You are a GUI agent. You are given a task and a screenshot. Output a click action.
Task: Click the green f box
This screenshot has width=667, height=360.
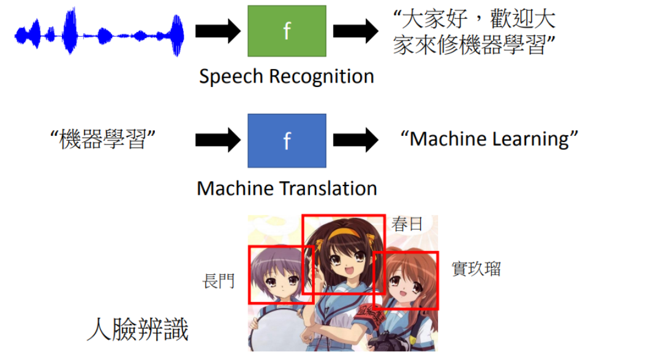click(x=287, y=31)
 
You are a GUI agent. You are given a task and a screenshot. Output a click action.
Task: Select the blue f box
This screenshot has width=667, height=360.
click(x=287, y=140)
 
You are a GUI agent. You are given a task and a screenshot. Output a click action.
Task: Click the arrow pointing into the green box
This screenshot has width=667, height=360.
click(x=218, y=31)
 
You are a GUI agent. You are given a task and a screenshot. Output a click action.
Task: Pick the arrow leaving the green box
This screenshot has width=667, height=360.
click(x=356, y=31)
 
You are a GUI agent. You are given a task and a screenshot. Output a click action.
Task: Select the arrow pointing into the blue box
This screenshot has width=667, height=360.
click(x=218, y=140)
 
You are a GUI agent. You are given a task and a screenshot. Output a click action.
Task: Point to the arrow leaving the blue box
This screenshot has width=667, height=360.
click(x=356, y=140)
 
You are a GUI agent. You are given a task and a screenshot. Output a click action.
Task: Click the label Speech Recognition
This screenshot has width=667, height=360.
click(x=287, y=77)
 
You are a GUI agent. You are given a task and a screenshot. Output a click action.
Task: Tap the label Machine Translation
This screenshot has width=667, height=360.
click(x=287, y=188)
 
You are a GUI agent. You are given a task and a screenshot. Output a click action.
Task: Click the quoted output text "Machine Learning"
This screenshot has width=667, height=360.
click(x=489, y=139)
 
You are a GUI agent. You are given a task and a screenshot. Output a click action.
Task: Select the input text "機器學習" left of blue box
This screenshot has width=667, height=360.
click(x=102, y=140)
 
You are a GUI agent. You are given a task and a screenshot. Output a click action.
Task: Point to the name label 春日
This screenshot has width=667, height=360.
click(x=407, y=225)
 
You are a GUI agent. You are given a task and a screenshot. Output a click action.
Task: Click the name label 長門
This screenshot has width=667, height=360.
click(x=219, y=282)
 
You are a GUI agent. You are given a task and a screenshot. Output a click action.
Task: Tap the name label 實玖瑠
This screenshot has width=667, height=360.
click(x=476, y=269)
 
